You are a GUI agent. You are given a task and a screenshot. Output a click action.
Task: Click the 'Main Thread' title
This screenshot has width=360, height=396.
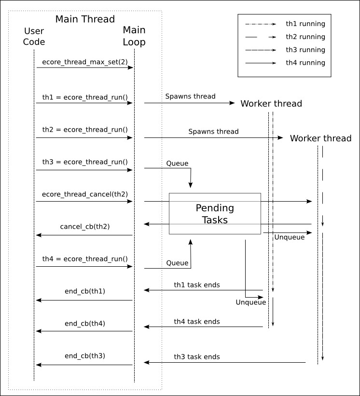point(85,19)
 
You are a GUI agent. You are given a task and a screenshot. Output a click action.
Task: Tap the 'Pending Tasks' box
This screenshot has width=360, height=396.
point(215,214)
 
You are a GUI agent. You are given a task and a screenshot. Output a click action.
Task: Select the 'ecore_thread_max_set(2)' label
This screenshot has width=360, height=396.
point(85,62)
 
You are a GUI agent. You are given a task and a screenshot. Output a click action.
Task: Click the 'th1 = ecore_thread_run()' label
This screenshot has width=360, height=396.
point(85,97)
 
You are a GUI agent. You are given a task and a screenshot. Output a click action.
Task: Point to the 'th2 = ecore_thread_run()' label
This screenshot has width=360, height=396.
point(85,130)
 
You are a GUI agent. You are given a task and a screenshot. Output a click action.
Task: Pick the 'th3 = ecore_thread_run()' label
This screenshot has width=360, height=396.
point(85,162)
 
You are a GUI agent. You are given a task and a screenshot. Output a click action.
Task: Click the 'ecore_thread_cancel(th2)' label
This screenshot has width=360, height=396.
point(85,194)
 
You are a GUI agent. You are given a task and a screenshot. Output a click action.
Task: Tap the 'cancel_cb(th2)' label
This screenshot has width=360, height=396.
point(85,226)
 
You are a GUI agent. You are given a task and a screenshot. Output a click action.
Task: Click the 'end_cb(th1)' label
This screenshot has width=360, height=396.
point(85,291)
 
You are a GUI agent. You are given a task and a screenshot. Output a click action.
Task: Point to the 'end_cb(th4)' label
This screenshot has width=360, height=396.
point(85,323)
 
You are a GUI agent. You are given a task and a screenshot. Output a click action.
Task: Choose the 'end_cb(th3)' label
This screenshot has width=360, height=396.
point(85,356)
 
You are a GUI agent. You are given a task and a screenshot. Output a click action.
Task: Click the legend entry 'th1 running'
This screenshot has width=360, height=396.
point(305,24)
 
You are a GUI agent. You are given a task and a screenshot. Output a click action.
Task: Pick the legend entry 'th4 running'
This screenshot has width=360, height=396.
point(305,63)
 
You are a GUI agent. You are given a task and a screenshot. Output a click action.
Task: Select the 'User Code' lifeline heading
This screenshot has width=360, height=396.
point(34,37)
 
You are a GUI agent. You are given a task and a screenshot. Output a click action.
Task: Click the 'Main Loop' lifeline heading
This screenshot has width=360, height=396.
point(134,36)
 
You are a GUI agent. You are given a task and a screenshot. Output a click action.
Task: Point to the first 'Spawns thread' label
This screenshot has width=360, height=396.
point(190,96)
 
